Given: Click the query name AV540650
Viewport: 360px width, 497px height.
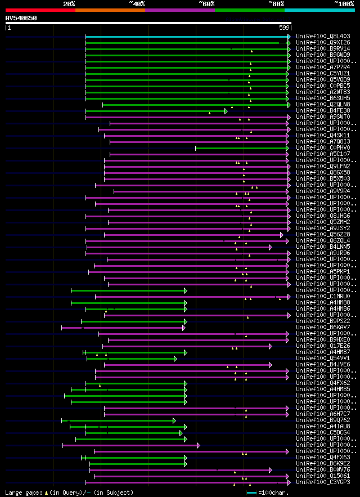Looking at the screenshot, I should (21, 18).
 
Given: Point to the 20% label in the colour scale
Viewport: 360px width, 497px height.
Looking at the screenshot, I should (69, 4).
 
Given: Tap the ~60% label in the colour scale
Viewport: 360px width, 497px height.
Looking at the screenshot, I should (206, 4).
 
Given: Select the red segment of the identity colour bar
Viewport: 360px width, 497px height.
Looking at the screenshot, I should (40, 10).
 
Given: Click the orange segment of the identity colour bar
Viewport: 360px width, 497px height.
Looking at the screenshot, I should (110, 10).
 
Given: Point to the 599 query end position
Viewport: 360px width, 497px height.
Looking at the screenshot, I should (285, 28).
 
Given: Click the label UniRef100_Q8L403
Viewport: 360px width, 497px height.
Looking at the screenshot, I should (323, 36).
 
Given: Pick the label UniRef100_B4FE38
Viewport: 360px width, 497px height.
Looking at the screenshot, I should (323, 110).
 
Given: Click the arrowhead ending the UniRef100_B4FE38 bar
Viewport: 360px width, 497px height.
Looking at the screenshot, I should (226, 111).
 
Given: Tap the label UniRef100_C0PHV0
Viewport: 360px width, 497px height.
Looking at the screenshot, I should (323, 147).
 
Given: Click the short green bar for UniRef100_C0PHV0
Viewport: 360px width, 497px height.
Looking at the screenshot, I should (242, 148).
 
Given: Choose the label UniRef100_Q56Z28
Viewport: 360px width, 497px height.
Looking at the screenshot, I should (323, 234).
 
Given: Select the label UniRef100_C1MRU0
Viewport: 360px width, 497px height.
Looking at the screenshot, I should (323, 296).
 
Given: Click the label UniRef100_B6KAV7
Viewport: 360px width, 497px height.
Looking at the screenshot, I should (323, 327).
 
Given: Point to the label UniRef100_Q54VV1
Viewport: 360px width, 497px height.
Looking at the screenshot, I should (323, 358).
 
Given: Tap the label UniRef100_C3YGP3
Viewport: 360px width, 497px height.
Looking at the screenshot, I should (323, 482).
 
